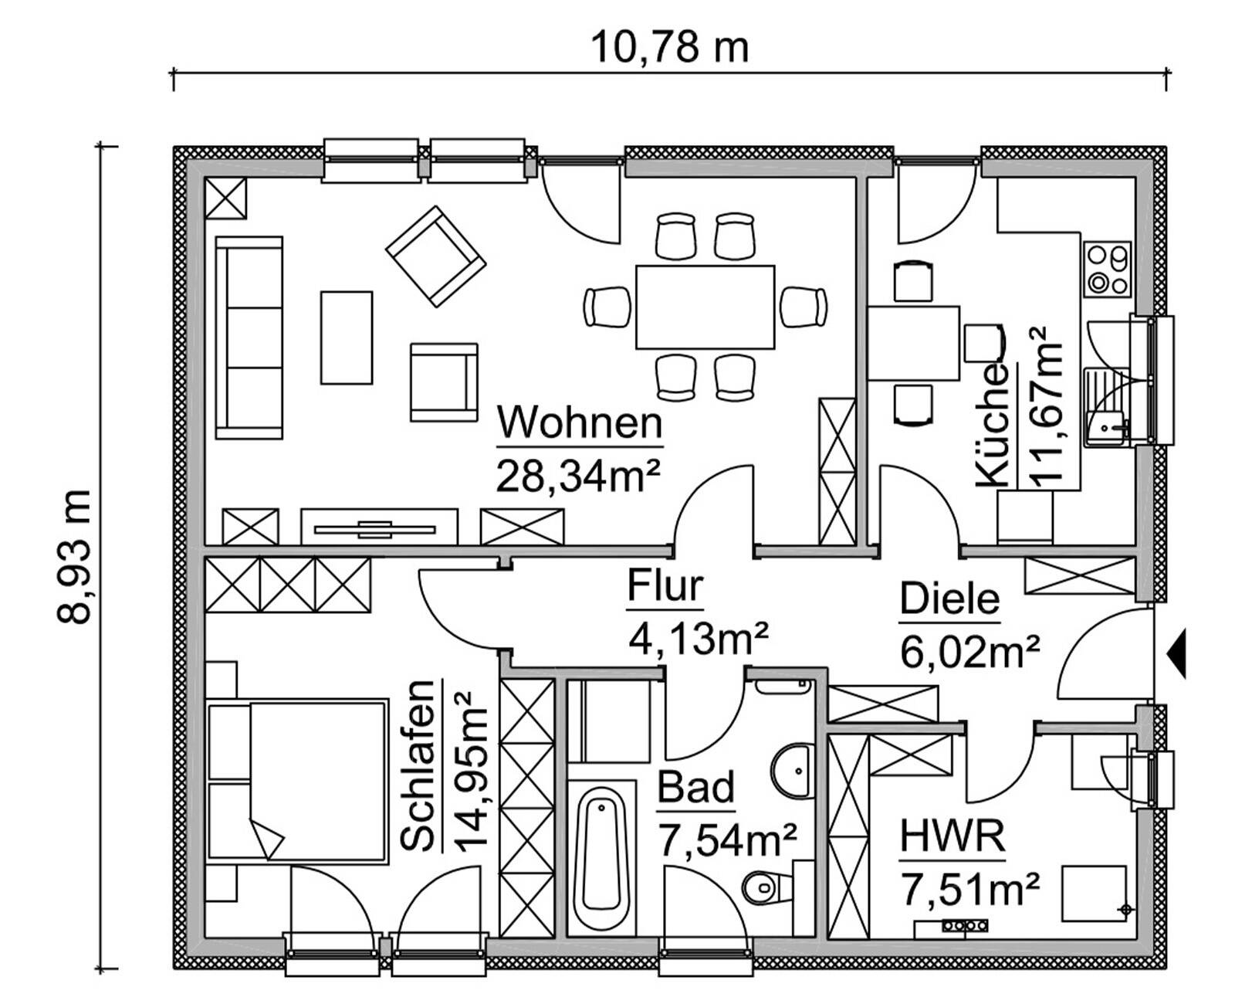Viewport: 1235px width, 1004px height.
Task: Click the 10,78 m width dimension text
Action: (669, 48)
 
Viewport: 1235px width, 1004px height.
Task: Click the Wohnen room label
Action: (579, 423)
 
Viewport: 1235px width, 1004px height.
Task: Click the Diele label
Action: (949, 599)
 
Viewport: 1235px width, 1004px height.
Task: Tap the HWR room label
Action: (952, 836)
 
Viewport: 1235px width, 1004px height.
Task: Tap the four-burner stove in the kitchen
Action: (1108, 269)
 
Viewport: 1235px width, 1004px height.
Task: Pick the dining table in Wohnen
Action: (705, 307)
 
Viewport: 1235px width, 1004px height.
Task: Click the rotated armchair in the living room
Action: (435, 256)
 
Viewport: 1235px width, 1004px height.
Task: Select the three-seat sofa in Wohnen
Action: (249, 337)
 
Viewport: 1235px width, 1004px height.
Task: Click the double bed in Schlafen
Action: (297, 780)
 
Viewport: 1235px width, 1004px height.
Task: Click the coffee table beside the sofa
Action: (347, 337)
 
